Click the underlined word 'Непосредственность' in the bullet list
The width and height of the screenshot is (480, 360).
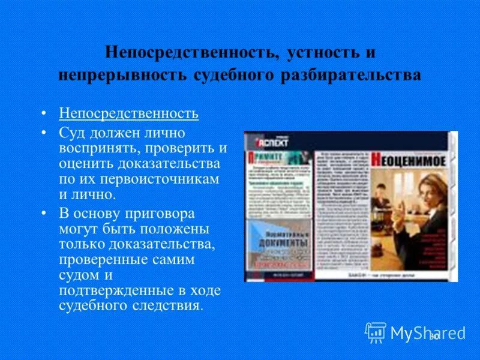(128, 113)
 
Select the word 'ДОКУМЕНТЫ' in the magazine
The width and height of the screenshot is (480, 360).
(280, 242)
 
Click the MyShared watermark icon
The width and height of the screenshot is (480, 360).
(376, 332)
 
